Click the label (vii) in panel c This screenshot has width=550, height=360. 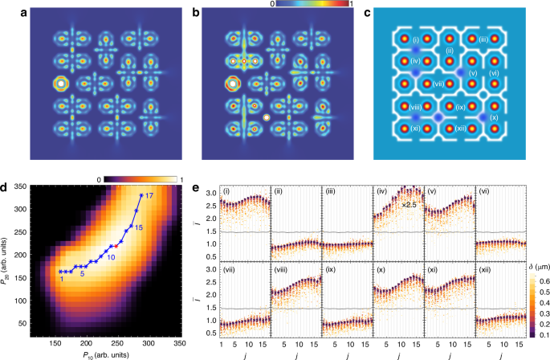tap(438, 83)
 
